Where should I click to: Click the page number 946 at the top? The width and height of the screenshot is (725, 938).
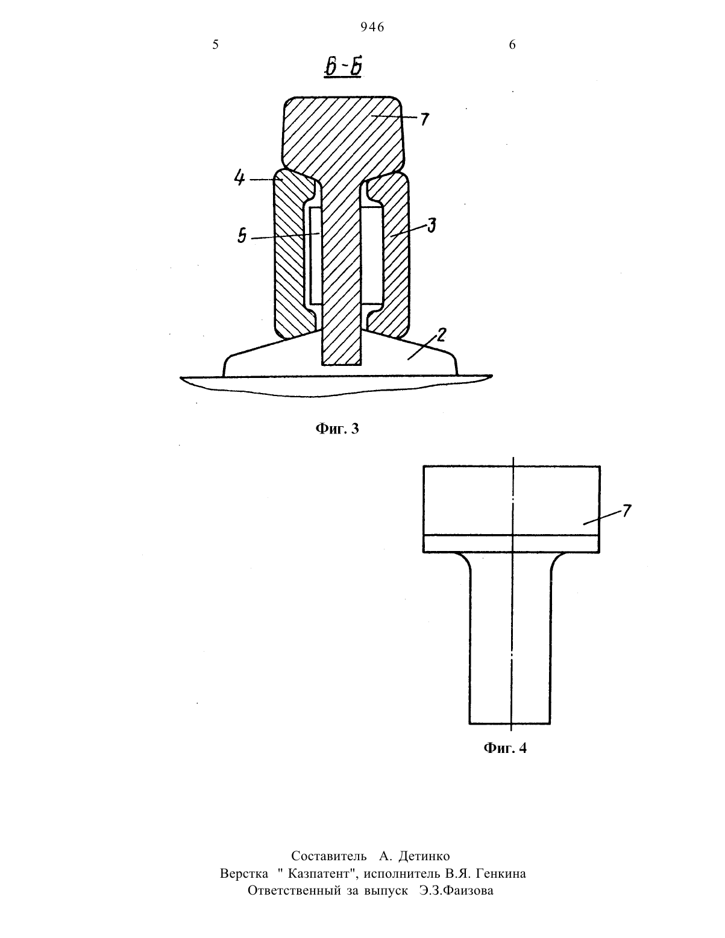click(x=372, y=27)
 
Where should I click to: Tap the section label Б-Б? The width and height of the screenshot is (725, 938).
click(x=343, y=68)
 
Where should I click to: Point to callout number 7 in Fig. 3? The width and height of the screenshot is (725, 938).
click(x=425, y=119)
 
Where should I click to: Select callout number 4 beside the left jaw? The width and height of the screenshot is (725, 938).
click(x=239, y=177)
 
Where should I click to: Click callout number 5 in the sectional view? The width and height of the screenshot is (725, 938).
click(x=242, y=236)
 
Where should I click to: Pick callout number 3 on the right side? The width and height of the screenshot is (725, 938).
click(x=431, y=225)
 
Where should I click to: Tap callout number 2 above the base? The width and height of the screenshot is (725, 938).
click(x=441, y=335)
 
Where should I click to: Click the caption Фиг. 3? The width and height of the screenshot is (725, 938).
click(x=337, y=429)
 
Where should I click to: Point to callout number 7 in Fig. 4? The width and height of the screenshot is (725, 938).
click(x=627, y=511)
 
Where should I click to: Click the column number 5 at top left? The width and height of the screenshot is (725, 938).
click(x=215, y=45)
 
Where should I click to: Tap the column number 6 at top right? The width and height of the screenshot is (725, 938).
click(x=512, y=45)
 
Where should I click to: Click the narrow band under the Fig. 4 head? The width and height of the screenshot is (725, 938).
click(x=512, y=544)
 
